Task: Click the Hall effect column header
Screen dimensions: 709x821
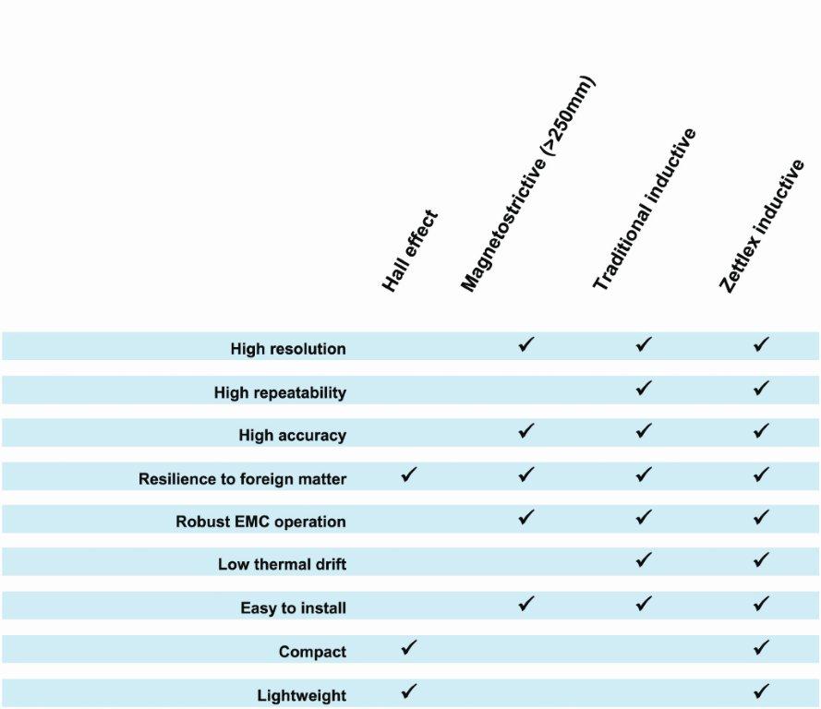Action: point(410,251)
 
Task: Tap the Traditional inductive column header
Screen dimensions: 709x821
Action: point(644,210)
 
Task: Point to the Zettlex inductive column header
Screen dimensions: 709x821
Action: point(763,227)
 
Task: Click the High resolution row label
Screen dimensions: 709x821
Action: point(288,349)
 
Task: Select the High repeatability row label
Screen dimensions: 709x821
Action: point(280,392)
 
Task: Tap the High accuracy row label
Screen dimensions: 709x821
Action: point(292,436)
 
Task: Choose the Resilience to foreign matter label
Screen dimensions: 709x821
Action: point(242,479)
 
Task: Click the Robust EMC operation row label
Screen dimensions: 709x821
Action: point(260,522)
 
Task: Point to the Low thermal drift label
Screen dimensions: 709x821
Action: point(282,564)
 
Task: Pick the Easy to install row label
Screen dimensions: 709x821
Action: point(293,608)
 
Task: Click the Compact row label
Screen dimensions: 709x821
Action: point(312,652)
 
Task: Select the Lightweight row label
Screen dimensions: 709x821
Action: point(301,695)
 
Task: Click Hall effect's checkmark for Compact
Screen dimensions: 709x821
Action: point(409,648)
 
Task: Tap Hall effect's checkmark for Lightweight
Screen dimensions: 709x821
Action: point(409,691)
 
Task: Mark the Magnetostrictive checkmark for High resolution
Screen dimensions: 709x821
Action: point(526,345)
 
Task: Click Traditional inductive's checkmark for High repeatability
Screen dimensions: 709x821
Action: point(644,389)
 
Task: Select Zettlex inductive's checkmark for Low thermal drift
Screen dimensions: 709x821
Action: point(761,560)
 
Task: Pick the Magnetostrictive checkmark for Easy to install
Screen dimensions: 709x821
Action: point(526,605)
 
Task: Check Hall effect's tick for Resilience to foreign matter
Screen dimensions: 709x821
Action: point(409,475)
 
